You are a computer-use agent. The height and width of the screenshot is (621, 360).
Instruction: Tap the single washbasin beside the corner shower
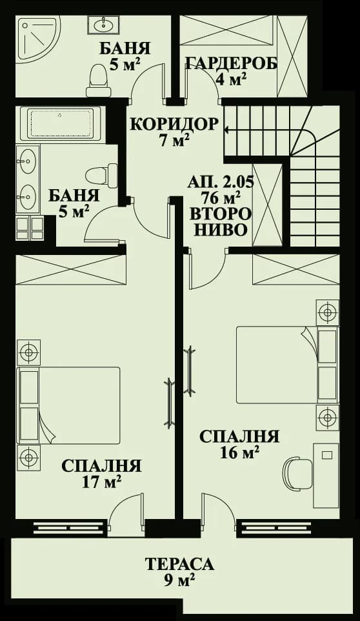click(x=103, y=25)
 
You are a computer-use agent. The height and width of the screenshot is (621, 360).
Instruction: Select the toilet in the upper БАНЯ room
click(x=99, y=76)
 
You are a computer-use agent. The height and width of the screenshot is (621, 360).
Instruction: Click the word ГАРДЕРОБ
click(x=231, y=63)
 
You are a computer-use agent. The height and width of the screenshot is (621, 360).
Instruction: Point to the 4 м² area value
click(x=231, y=80)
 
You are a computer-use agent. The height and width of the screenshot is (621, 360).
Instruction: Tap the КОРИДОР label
click(x=174, y=123)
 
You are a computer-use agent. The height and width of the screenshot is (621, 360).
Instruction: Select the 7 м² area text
click(x=174, y=140)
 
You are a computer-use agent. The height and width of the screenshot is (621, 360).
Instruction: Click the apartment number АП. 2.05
click(x=220, y=181)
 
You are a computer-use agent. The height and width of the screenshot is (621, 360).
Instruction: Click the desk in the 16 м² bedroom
click(x=325, y=474)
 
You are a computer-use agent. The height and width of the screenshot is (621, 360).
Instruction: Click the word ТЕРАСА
click(x=179, y=564)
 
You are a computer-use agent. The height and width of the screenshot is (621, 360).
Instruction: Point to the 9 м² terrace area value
click(x=179, y=581)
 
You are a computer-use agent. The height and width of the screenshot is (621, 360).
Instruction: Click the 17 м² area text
click(x=101, y=482)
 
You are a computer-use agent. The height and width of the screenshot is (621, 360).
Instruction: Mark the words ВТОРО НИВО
click(x=220, y=221)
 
